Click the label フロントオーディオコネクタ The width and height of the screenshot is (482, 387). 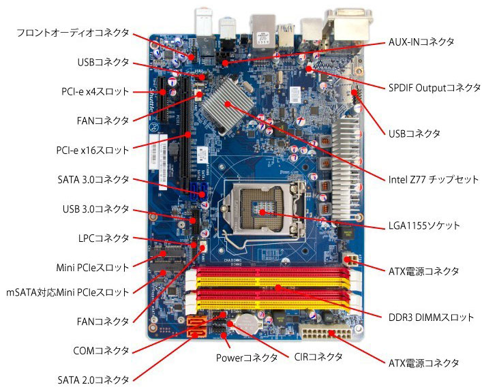point(72,33)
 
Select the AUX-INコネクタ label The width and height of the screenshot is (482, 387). point(421,42)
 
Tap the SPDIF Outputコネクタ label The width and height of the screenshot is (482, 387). point(434,88)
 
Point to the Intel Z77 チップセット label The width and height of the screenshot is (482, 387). point(434,179)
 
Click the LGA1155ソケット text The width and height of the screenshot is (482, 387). point(424,226)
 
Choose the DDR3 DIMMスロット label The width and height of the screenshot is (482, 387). point(431,318)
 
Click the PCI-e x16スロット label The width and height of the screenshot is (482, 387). point(93,150)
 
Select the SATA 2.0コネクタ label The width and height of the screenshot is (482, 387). point(93,380)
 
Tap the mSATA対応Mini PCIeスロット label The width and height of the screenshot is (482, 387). point(67,292)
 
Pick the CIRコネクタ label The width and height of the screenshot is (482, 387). point(318,357)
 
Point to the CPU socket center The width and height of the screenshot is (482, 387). point(262,212)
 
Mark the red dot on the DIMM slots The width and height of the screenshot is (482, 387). point(278,288)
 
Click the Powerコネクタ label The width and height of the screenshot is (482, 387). point(247,358)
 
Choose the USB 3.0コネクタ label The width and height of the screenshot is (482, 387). point(96,209)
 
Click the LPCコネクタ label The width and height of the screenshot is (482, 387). point(104,238)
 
